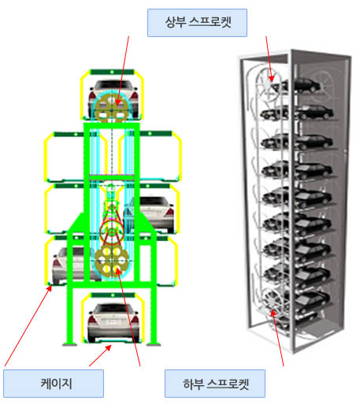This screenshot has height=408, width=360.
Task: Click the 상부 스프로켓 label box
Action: [x=197, y=23]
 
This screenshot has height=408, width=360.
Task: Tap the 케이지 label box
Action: [x=54, y=384]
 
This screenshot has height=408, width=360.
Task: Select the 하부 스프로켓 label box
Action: [x=215, y=384]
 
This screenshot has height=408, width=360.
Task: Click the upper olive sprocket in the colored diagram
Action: [x=113, y=108]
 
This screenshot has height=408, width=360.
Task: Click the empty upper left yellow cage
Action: [x=65, y=157]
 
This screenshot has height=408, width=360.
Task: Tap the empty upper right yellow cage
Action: [x=160, y=156]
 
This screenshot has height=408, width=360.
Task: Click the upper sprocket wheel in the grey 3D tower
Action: [x=268, y=85]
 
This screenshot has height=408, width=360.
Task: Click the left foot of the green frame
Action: [x=70, y=344]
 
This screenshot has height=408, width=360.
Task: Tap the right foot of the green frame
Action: [x=154, y=344]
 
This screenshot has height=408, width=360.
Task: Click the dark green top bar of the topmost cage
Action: [x=112, y=72]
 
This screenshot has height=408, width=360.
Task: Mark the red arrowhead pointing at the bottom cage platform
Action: [x=108, y=348]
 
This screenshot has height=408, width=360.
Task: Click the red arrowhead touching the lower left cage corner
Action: [x=49, y=288]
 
